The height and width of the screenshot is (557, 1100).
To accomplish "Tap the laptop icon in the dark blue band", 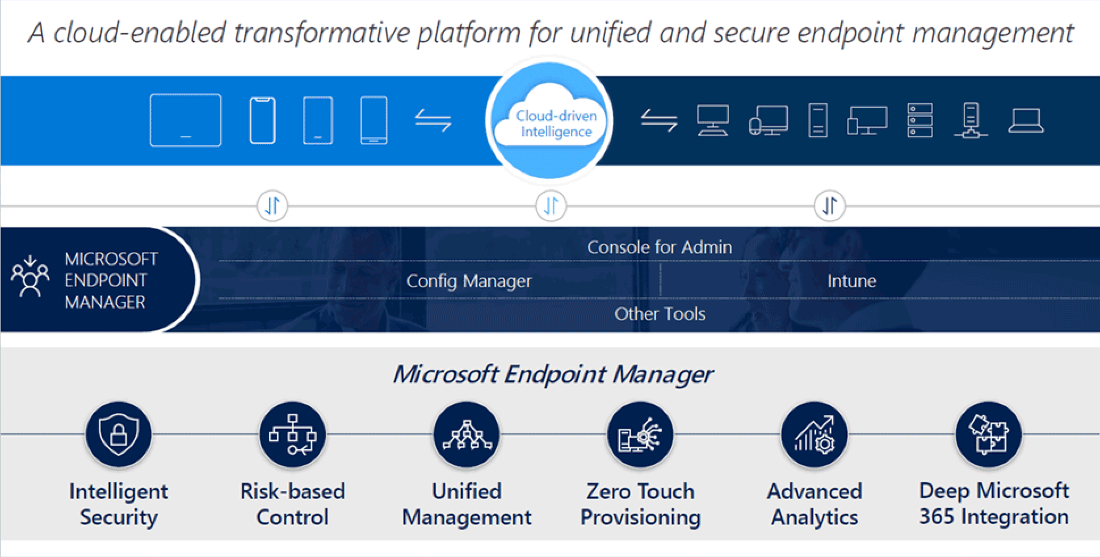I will tap(1026, 121).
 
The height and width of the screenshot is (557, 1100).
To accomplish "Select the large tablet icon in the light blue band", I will tap(186, 120).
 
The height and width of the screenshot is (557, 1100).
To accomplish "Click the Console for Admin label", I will tap(660, 247).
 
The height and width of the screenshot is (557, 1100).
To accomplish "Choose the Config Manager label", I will tap(469, 281).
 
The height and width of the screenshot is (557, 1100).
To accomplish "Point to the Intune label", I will tap(851, 281).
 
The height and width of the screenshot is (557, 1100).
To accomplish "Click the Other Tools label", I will tap(660, 314).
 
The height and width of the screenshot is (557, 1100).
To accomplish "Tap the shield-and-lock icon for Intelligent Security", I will tap(119, 434).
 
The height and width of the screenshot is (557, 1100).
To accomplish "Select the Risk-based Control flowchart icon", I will tap(292, 434).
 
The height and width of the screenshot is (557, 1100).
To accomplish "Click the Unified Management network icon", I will tap(467, 434).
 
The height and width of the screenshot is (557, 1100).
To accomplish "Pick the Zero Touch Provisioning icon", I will tap(640, 434).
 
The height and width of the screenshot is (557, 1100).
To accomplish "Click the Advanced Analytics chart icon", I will tap(814, 434).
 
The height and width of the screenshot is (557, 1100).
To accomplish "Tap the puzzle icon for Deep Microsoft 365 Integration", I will tap(988, 434).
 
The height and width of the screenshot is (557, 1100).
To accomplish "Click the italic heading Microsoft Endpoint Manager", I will tap(552, 374).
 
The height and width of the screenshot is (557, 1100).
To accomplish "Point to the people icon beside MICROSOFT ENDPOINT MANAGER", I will tap(30, 277).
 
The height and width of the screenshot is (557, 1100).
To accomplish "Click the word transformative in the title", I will tap(321, 32).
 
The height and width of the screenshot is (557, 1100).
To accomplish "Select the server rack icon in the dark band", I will tap(920, 120).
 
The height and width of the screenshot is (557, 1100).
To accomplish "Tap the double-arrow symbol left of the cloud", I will tap(433, 121).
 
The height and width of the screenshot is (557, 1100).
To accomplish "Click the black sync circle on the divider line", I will tap(830, 205).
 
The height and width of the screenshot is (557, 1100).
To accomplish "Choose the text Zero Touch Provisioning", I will tap(640, 504).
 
